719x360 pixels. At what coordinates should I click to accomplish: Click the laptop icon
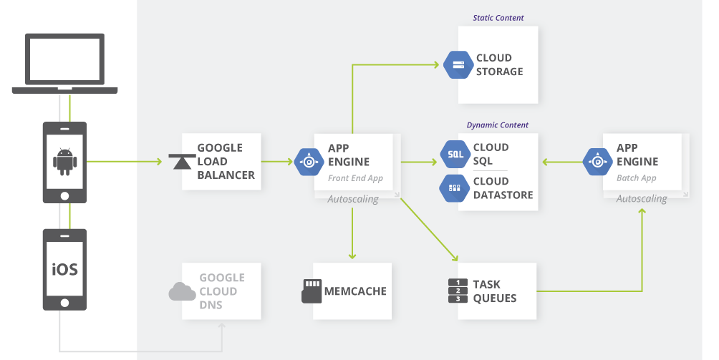click(64, 63)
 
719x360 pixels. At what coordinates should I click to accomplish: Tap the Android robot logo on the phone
click(64, 162)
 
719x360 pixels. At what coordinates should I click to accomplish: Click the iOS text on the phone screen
click(64, 270)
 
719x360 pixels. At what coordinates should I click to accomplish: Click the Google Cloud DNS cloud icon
click(182, 291)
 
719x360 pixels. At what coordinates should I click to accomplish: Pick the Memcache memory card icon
click(311, 291)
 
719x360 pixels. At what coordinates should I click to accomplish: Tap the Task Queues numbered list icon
click(458, 291)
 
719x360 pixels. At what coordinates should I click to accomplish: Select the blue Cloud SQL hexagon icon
click(455, 154)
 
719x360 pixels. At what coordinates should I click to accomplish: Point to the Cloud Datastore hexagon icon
click(455, 188)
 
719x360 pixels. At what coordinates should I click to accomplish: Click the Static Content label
click(498, 17)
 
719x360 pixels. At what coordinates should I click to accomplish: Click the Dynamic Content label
click(498, 125)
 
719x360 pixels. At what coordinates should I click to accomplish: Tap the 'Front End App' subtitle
click(355, 178)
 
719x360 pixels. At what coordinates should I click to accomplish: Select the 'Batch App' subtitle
click(637, 178)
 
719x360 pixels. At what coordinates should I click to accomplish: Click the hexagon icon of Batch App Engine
click(597, 162)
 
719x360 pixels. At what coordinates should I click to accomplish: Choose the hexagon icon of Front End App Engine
click(309, 162)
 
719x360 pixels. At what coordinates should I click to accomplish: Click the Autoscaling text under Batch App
click(642, 198)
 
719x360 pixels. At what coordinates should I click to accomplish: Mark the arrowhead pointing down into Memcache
click(352, 256)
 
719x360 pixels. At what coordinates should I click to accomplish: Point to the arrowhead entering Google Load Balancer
click(158, 162)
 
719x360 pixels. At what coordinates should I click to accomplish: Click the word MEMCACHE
click(355, 291)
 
